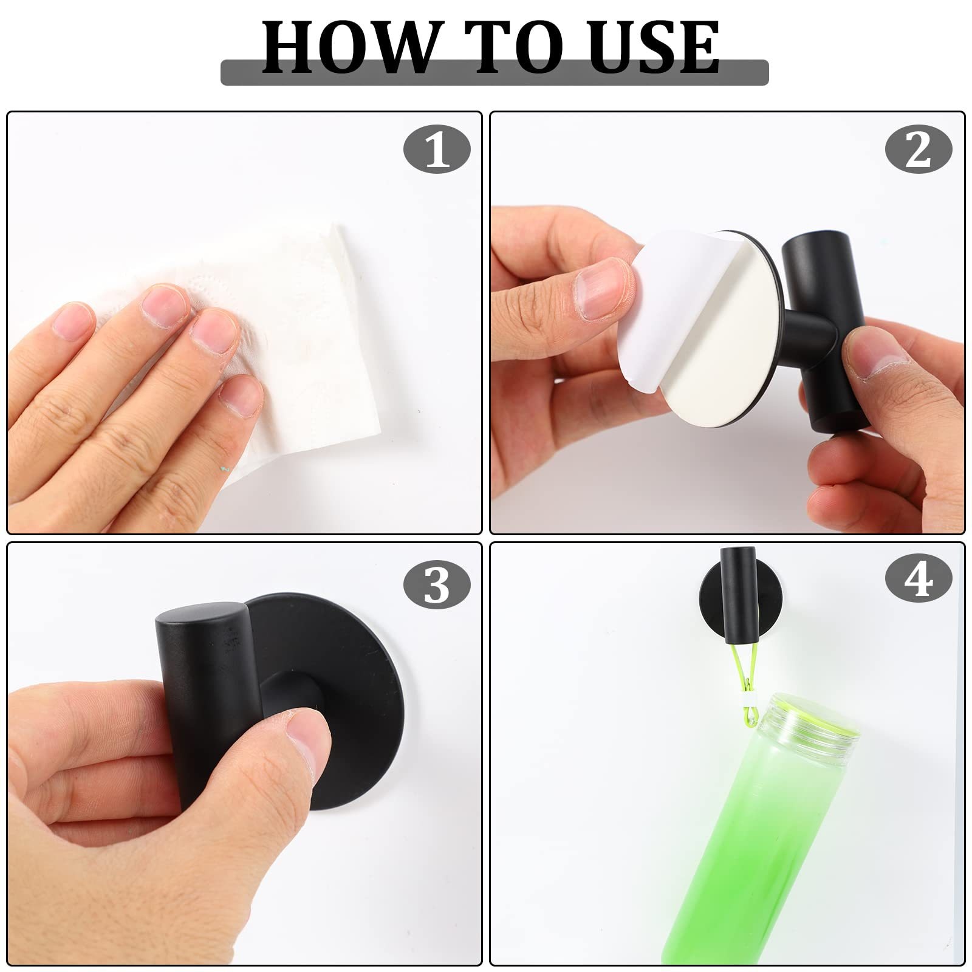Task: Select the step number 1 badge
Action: pos(437,149)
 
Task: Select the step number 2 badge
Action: pos(919,149)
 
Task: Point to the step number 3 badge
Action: pos(437,585)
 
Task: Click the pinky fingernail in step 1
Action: pos(241,395)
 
